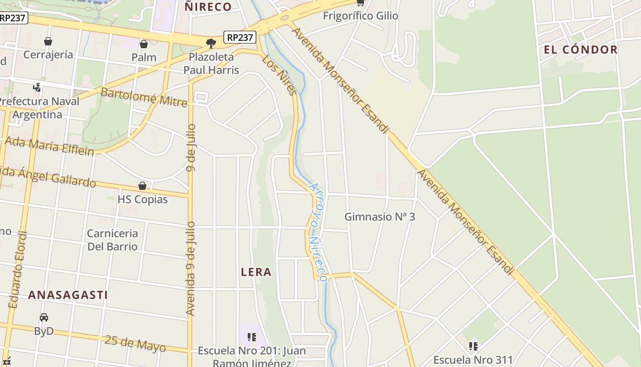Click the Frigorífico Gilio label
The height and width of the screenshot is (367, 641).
[x=360, y=16]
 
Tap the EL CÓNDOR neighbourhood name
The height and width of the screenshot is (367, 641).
[x=581, y=50]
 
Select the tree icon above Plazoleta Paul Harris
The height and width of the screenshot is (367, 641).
[x=211, y=44]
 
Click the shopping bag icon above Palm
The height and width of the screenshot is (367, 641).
[x=144, y=44]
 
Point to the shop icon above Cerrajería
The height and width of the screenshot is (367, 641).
[x=48, y=42]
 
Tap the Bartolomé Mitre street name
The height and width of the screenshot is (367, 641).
[x=144, y=97]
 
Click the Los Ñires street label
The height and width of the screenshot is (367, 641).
[x=279, y=75]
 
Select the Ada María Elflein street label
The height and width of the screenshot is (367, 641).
[x=49, y=146]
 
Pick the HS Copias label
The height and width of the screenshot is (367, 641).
[x=142, y=200]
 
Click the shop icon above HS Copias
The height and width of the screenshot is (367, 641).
[x=142, y=186]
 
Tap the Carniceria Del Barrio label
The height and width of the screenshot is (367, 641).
[x=112, y=240]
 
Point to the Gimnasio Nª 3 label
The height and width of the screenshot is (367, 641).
[x=380, y=217]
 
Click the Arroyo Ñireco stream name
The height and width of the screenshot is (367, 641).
[x=317, y=232]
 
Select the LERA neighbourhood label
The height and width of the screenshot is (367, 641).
[x=256, y=272]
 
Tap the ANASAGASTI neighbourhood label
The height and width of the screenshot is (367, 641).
[x=68, y=295]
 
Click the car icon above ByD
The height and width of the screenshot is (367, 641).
[x=44, y=317]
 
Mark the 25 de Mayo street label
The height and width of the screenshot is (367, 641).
[x=135, y=343]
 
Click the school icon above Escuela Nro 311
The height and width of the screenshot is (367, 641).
[x=473, y=346]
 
